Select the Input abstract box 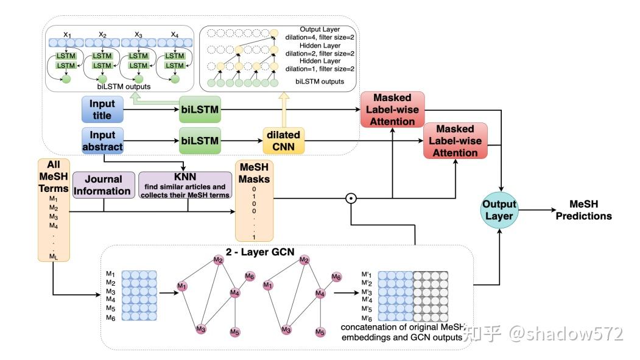[x=102, y=141]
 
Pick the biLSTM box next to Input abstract [x=200, y=141]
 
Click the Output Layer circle [x=499, y=211]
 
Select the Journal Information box [x=103, y=184]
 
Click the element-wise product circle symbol [x=350, y=198]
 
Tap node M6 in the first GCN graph [x=250, y=277]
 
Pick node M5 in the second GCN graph [x=319, y=332]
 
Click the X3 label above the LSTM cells [x=138, y=34]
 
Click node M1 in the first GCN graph [x=181, y=286]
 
